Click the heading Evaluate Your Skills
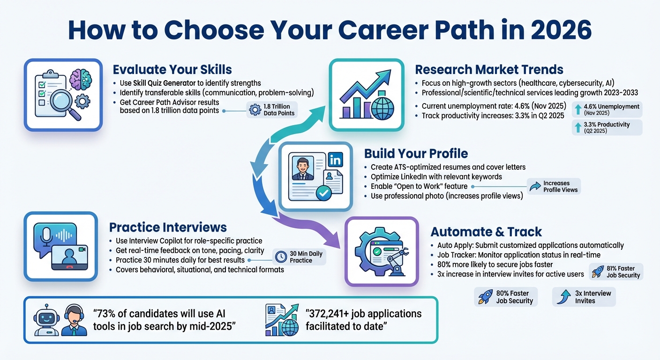pos(172,70)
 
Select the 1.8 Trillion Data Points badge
pos(272,110)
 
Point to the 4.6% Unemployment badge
pos(607,110)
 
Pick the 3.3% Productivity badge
pos(607,127)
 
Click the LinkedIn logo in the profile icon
pos(336,160)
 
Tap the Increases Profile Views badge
pos(554,187)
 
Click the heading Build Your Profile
pos(416,154)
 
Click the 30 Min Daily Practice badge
pos(300,257)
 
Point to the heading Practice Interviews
pos(168,227)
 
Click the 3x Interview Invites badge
pos(584,297)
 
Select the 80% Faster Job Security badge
pos(506,297)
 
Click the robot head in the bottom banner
pos(46,320)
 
